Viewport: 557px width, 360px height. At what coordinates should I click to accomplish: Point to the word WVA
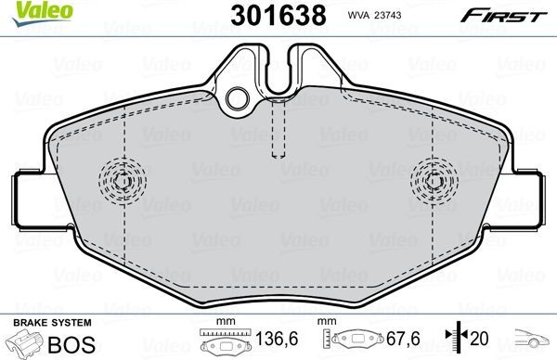360,15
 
